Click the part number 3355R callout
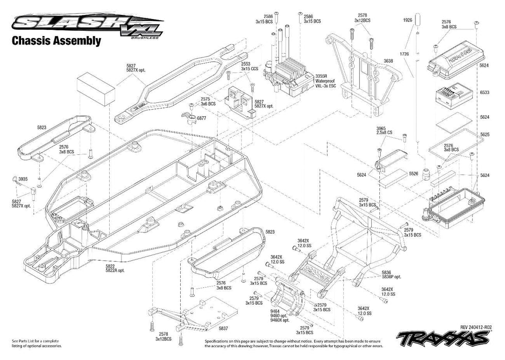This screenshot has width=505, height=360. pyautogui.click(x=320, y=76)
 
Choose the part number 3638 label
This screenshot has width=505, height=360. pyautogui.click(x=388, y=61)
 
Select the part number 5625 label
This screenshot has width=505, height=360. pyautogui.click(x=484, y=134)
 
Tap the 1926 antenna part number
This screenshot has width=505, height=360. pyautogui.click(x=407, y=20)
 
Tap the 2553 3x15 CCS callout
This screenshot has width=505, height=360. pyautogui.click(x=249, y=65)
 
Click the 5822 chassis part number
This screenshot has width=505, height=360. pyautogui.click(x=110, y=267)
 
